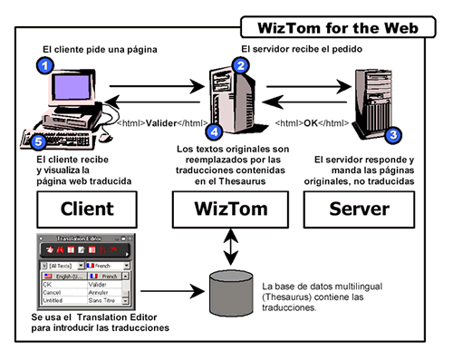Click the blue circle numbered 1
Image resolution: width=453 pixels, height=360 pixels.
(42, 64)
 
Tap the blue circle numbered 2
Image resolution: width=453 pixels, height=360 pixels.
(239, 65)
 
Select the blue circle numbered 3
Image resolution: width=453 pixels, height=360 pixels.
(392, 135)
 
